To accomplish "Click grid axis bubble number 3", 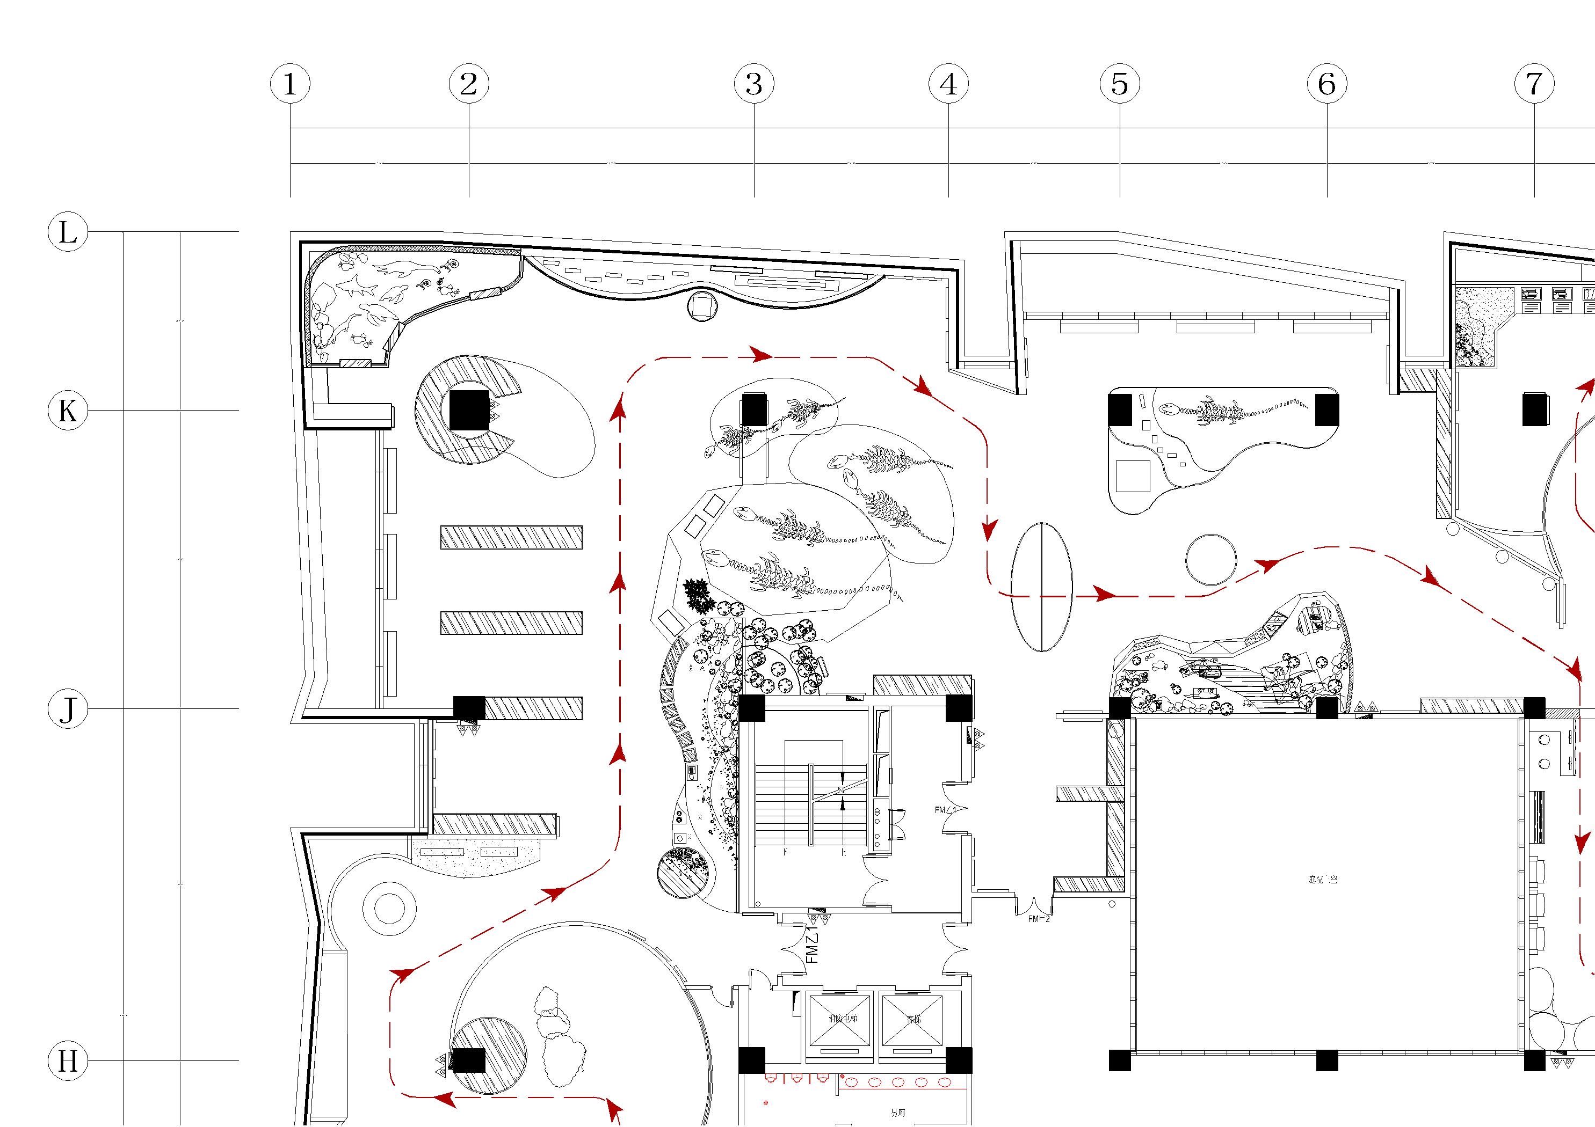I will pos(754,84).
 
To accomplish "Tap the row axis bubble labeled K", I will pos(67,411).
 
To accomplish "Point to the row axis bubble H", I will pos(67,1060).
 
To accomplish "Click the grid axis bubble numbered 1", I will pos(289,84).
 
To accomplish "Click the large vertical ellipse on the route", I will pos(1041,587).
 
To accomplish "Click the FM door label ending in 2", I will pos(1039,919).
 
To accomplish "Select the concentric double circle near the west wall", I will pos(389,908).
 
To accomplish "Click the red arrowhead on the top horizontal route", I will pos(762,355).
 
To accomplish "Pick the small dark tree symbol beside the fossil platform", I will pos(698,595).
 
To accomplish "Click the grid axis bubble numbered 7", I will pos(1534,84).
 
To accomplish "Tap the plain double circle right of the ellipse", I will pos(1211,560).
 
